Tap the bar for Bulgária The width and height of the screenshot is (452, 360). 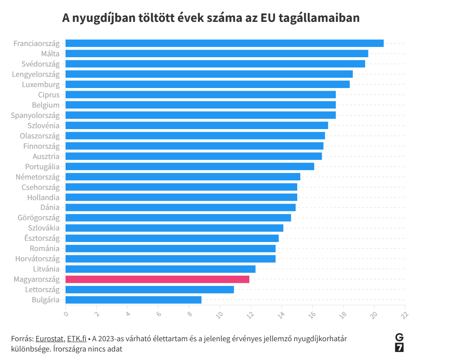tap(133, 300)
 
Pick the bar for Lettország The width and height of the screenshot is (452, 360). tap(149, 289)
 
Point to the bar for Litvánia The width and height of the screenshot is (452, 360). tap(160, 269)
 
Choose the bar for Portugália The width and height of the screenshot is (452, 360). tap(190, 167)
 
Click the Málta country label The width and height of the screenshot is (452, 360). tap(50, 54)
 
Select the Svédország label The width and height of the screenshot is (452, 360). tap(40, 64)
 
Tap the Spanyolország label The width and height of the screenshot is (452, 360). tap(35, 115)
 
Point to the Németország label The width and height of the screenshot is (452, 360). tap(37, 177)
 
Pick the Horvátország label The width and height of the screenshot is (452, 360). tap(37, 259)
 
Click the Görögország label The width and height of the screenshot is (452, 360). tap(38, 218)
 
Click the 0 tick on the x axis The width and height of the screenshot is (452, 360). tap(66, 313)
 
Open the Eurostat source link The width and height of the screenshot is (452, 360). tap(50, 339)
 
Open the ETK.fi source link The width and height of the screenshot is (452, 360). tap(77, 339)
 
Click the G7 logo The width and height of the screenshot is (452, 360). tap(399, 343)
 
